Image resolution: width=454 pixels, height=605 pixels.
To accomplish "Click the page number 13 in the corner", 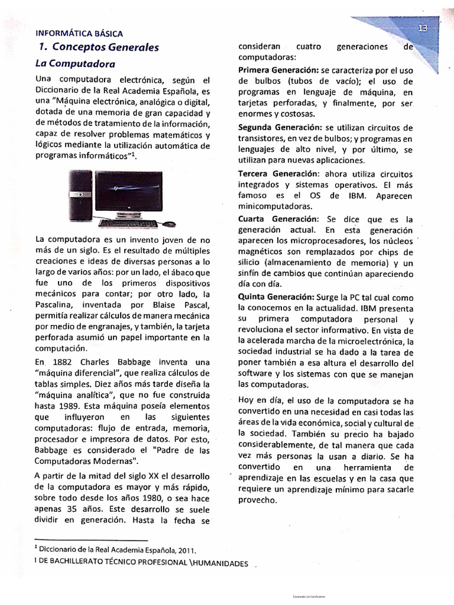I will [x=423, y=28].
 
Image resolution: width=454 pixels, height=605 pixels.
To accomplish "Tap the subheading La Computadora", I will [x=75, y=63].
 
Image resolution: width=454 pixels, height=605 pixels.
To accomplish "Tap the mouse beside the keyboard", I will [x=170, y=224].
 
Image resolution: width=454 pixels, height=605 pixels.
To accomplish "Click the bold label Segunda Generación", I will [x=280, y=128].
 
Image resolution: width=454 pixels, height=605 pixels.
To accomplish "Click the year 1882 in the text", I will [x=62, y=362].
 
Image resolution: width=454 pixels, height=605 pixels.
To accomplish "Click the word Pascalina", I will [x=57, y=305].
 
